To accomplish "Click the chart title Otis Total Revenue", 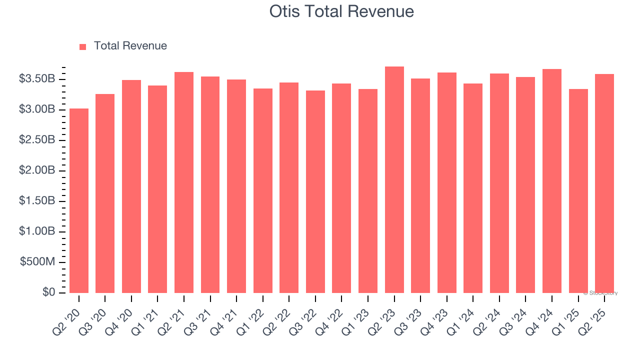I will coord(342,11).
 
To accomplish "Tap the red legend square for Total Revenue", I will coord(83,46).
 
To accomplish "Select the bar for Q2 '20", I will coord(79,200).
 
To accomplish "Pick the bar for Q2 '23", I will coord(394,179).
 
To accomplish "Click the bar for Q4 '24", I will coord(552,181).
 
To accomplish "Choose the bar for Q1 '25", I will coord(578,191).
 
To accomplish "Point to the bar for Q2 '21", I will coord(184,182).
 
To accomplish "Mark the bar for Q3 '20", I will coord(105,193).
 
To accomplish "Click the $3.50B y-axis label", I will coord(36,79).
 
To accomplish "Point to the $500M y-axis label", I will coord(37,262).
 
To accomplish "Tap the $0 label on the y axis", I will coord(48,292).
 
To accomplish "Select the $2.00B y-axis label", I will coord(36,170).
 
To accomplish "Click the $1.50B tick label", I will coord(36,201).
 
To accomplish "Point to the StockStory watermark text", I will coord(600,293).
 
